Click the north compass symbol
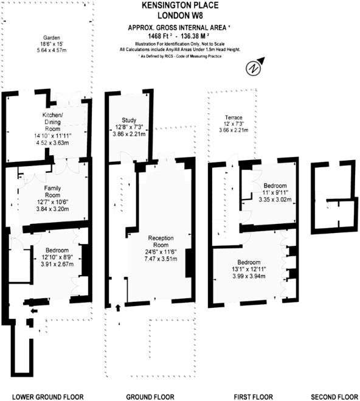(x=254, y=67)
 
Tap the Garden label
(x=52, y=38)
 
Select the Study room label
(x=129, y=120)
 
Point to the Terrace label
(x=234, y=117)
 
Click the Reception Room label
(x=161, y=242)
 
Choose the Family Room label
(x=52, y=192)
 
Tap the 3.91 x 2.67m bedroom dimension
(x=57, y=264)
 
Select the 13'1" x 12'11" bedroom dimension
(x=249, y=269)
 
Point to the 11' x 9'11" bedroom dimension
(x=275, y=192)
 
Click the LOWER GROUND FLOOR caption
(x=48, y=397)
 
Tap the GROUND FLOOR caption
(x=150, y=397)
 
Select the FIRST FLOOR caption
(x=254, y=397)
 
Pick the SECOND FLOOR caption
(x=334, y=397)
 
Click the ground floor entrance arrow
(x=118, y=308)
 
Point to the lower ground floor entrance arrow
(x=34, y=311)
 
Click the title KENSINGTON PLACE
(x=180, y=5)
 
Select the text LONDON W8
(x=180, y=15)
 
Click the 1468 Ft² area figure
(x=160, y=35)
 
